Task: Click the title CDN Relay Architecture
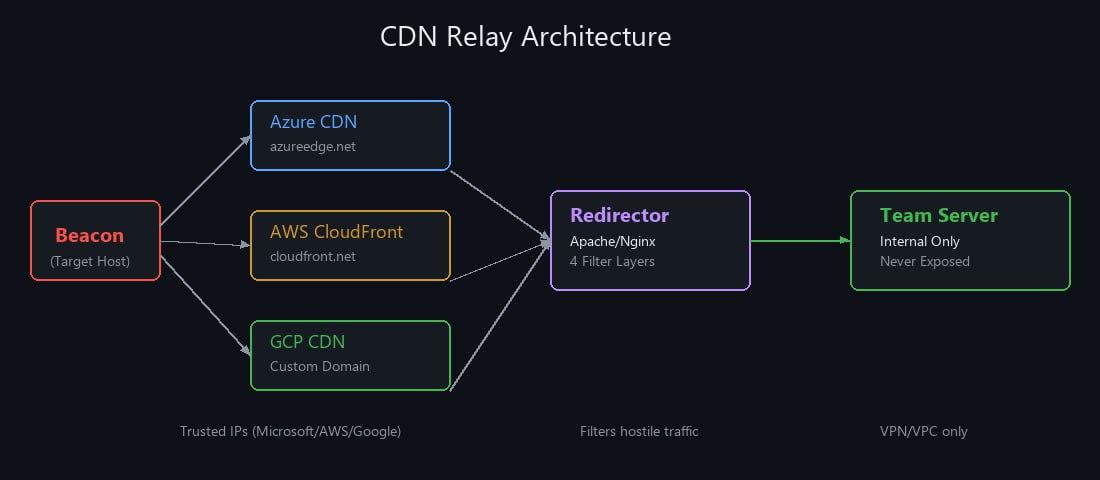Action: click(525, 36)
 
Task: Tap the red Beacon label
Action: click(89, 236)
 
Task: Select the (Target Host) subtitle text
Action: click(90, 262)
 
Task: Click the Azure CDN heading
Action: click(314, 122)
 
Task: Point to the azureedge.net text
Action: click(313, 147)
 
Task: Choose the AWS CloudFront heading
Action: click(337, 232)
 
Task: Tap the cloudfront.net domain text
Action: click(313, 256)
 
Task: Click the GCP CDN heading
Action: click(307, 342)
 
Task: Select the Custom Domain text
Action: click(320, 366)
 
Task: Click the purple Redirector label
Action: click(619, 215)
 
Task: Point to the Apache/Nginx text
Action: click(612, 241)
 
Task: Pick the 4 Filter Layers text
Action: click(612, 262)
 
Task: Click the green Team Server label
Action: click(939, 215)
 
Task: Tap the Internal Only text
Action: click(920, 241)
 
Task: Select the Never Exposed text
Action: click(925, 262)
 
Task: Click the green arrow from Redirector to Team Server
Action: click(800, 241)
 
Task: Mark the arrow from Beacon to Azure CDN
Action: click(206, 180)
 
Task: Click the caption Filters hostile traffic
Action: click(639, 431)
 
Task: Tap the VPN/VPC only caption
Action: click(924, 431)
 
